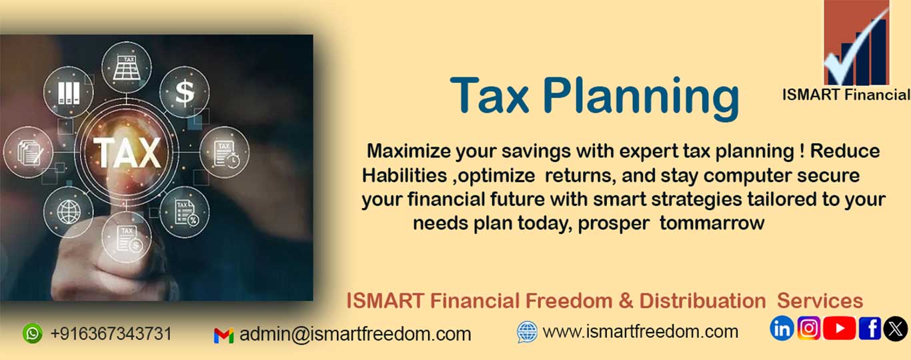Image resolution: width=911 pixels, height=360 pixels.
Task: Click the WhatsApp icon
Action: click(x=33, y=333)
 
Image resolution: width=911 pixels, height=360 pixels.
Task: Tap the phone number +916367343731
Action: click(x=111, y=333)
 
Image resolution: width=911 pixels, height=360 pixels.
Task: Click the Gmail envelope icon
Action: click(x=223, y=335)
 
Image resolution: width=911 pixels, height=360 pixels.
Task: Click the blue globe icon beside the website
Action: click(x=527, y=332)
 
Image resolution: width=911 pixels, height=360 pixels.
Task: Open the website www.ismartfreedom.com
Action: click(x=640, y=332)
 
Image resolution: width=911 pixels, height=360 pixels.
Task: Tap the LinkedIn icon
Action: click(x=782, y=328)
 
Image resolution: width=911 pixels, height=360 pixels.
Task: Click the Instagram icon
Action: click(x=809, y=328)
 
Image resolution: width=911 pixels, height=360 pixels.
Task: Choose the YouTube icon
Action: click(x=840, y=328)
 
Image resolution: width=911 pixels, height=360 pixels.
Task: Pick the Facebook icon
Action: click(x=870, y=328)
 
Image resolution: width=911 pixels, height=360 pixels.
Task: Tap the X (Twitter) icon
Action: click(x=895, y=328)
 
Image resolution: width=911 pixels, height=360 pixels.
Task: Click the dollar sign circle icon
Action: click(x=184, y=92)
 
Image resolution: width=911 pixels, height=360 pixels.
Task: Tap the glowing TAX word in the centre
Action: click(x=127, y=153)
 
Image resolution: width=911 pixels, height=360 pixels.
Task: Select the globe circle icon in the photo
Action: click(x=68, y=212)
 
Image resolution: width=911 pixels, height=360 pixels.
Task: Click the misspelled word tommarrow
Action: click(x=712, y=223)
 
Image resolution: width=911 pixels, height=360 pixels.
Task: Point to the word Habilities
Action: click(x=405, y=175)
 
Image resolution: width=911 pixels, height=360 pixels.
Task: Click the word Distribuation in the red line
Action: click(x=702, y=301)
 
